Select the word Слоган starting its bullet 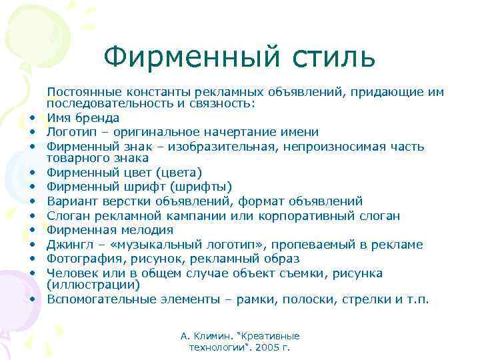68,215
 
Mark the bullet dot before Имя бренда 31,119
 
